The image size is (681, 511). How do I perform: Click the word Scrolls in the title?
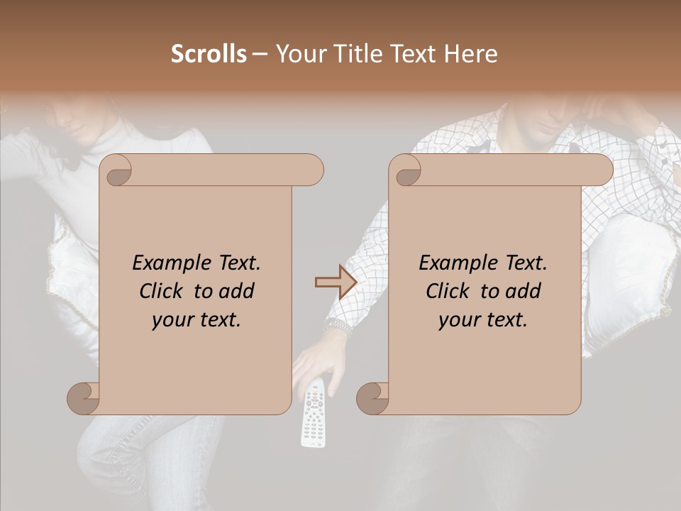[209, 54]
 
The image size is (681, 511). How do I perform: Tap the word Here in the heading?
[470, 54]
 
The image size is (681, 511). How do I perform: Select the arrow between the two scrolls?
[336, 282]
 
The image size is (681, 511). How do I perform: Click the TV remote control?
[314, 415]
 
